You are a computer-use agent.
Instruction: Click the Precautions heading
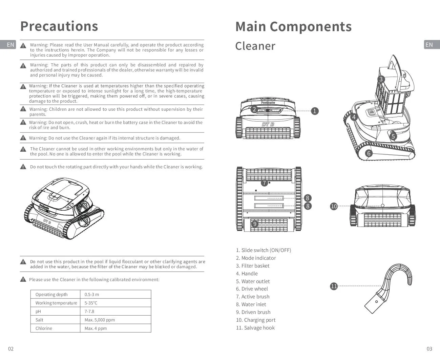(59, 26)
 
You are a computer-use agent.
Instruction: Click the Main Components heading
(293, 27)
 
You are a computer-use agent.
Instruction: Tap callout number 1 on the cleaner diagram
(315, 111)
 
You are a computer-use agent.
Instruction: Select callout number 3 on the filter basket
(381, 79)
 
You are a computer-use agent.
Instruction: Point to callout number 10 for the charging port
(334, 206)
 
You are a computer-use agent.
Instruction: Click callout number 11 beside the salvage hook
(334, 286)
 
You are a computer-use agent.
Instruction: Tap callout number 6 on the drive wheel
(369, 153)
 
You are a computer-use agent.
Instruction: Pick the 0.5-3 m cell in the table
(92, 294)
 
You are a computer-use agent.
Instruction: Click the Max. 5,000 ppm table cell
(100, 320)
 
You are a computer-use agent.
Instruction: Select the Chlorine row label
(44, 328)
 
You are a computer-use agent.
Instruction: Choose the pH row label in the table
(38, 311)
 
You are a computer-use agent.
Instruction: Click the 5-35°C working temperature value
(91, 303)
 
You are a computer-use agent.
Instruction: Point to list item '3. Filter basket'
(253, 266)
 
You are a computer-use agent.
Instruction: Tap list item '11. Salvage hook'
(255, 328)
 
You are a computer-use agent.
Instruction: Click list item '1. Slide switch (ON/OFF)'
(264, 250)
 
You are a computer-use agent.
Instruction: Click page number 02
(11, 349)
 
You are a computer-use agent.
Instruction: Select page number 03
(429, 349)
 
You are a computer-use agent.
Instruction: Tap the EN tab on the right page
(429, 45)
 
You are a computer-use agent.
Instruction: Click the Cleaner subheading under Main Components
(255, 46)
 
